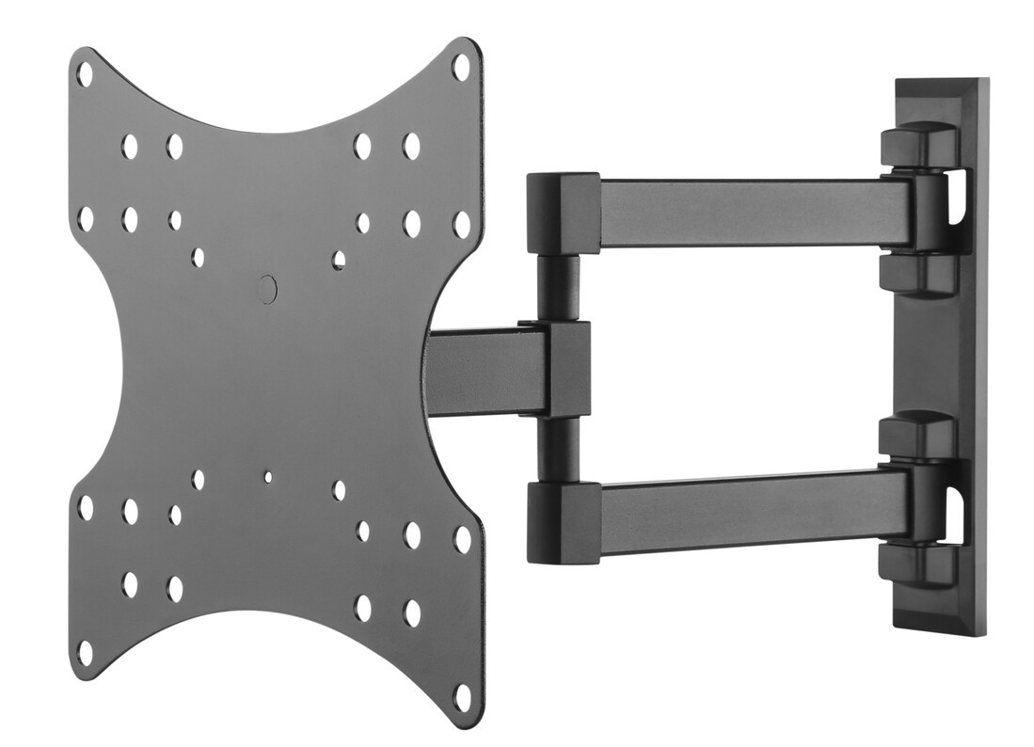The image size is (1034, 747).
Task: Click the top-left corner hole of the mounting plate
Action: (85, 72)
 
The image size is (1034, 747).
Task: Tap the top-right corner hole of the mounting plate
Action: (461, 66)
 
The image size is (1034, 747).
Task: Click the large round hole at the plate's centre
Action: (267, 289)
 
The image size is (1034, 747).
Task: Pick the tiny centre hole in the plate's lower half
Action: (267, 477)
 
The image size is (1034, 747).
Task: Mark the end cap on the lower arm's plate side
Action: (564, 517)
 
